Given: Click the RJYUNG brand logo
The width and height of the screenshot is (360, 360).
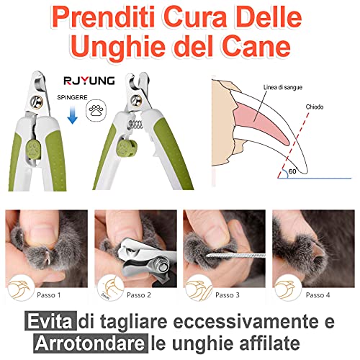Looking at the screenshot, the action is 89,81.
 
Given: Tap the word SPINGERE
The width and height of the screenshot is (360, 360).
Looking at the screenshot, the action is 72,97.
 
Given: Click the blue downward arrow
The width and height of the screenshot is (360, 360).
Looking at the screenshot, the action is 72,115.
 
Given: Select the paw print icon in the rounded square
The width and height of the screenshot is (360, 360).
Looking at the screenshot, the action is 96,110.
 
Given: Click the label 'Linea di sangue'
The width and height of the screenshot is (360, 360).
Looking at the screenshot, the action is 283,87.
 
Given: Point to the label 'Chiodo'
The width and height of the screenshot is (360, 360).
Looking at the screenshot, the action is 315,107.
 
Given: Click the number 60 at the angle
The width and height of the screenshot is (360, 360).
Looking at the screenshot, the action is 292,171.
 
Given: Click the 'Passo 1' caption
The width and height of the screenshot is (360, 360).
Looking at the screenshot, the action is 49,295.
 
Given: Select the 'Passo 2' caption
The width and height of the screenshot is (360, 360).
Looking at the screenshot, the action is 139,295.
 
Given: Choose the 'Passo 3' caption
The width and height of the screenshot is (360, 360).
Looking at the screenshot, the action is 228,295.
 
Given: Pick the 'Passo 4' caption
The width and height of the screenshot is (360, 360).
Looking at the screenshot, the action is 318,295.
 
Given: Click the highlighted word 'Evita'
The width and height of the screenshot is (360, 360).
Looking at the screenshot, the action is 50,321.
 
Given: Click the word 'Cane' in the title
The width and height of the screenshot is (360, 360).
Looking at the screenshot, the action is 256,45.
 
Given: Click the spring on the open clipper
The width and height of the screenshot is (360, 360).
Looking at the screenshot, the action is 136,125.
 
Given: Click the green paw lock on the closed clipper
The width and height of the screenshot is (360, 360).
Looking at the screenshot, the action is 33,150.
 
